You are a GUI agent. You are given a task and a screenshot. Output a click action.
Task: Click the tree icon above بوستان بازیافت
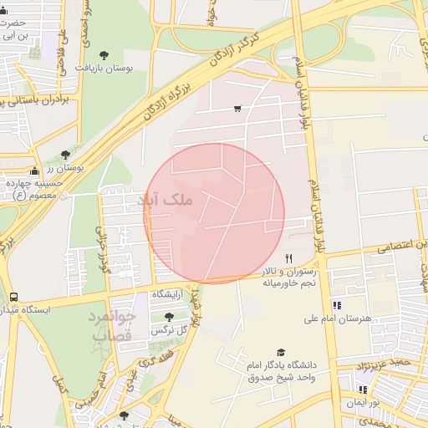(x=104, y=54)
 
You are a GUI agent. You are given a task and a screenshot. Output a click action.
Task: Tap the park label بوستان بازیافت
(x=104, y=67)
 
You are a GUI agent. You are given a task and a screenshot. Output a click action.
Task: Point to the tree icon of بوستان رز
(x=65, y=155)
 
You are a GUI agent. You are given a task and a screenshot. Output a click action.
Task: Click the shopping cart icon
(x=238, y=108)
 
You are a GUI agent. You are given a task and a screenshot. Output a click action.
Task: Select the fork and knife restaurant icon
(x=289, y=258)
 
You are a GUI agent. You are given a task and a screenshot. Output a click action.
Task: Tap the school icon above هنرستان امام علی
(x=337, y=305)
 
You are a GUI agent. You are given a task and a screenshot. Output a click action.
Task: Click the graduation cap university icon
(x=281, y=353)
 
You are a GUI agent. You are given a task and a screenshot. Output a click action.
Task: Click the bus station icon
(x=14, y=297)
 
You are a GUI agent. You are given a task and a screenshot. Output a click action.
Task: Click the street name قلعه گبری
(x=155, y=361)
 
